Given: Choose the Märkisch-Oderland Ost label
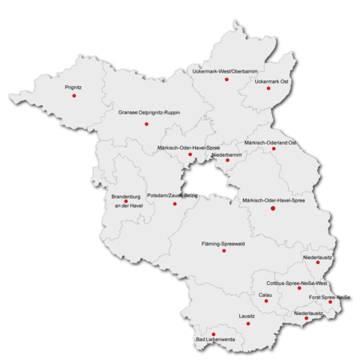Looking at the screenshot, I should tap(271, 142).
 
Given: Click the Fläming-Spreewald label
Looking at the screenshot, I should tap(224, 244).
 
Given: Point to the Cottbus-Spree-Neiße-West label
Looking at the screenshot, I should tap(297, 283).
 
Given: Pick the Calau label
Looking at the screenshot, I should tap(265, 295).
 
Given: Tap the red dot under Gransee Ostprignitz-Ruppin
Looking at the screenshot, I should tap(147, 124).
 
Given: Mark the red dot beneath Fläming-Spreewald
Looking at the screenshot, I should tap(223, 251).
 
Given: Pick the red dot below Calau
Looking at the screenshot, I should tap(266, 302).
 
